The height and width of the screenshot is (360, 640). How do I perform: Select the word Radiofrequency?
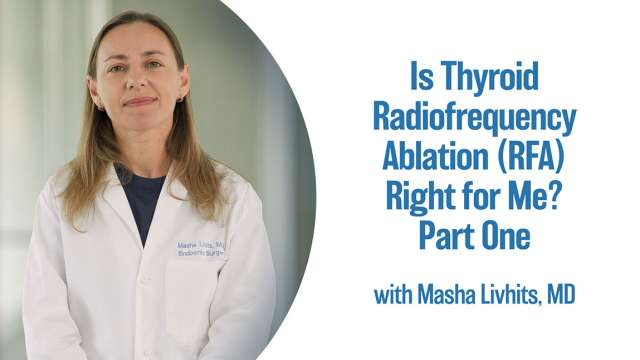coord(475,119)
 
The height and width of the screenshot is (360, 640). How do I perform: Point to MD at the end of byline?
coord(562,296)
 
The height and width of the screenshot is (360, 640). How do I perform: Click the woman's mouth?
coord(138,102)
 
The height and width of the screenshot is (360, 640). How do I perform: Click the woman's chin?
coord(139,120)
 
